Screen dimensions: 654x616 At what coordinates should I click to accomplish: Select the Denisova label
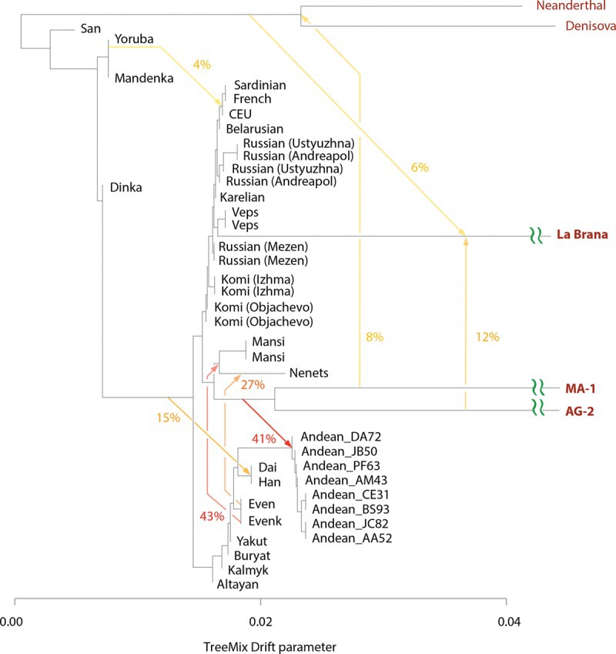[580, 26]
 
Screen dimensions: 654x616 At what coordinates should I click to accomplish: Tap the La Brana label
[582, 233]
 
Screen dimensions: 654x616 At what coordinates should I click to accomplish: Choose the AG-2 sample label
[574, 411]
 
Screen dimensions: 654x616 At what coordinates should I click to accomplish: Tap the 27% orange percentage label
[253, 384]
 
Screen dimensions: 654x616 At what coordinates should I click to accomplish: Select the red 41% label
[264, 440]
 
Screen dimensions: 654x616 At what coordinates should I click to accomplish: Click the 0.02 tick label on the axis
[261, 620]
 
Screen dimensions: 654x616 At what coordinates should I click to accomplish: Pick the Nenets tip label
[309, 374]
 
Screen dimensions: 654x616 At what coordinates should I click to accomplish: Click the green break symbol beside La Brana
[536, 233]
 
